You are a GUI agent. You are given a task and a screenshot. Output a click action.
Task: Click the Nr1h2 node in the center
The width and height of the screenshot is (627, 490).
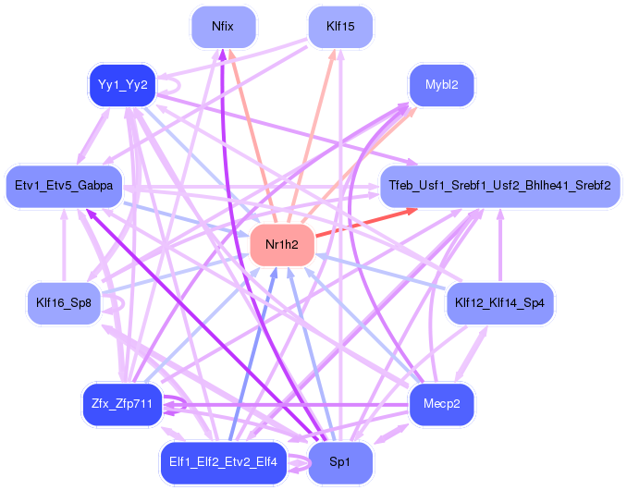pyautogui.click(x=282, y=245)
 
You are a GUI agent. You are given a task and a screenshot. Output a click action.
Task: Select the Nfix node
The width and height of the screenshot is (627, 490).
pyautogui.click(x=223, y=27)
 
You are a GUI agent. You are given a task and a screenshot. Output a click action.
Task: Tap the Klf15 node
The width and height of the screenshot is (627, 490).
pyautogui.click(x=340, y=27)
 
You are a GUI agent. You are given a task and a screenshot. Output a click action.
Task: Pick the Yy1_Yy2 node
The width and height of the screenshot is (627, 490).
pyautogui.click(x=122, y=85)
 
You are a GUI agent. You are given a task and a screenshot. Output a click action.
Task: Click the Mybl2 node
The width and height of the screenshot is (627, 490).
pyautogui.click(x=441, y=85)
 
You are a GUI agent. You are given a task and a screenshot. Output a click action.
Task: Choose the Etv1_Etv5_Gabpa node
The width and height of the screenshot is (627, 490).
pyautogui.click(x=64, y=186)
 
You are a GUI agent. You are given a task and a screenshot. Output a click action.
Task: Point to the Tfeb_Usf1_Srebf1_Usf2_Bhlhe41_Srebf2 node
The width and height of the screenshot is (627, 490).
pyautogui.click(x=499, y=186)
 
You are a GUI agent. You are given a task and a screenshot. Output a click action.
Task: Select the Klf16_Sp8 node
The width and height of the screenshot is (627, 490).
pyautogui.click(x=64, y=303)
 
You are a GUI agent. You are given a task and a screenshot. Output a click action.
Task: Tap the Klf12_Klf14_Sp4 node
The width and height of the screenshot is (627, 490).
pyautogui.click(x=499, y=303)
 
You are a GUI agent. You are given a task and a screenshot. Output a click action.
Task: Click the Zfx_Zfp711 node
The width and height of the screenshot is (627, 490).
pyautogui.click(x=122, y=404)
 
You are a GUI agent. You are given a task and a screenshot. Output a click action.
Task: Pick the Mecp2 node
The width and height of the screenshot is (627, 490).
pyautogui.click(x=441, y=404)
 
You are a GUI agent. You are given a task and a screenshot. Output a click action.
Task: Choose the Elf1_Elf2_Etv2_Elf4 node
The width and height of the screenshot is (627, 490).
pyautogui.click(x=223, y=462)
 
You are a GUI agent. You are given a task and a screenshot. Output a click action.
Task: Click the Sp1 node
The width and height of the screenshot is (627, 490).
pyautogui.click(x=340, y=462)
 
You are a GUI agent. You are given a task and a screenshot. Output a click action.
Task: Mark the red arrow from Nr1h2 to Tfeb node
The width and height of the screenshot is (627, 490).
pyautogui.click(x=366, y=223)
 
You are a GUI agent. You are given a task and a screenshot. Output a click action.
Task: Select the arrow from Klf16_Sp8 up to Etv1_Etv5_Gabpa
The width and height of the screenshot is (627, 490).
pyautogui.click(x=64, y=245)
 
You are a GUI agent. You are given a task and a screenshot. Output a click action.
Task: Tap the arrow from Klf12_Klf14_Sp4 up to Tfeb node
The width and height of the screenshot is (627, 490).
pyautogui.click(x=499, y=245)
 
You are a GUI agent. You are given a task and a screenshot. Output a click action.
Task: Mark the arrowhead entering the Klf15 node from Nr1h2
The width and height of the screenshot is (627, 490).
pyautogui.click(x=333, y=54)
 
